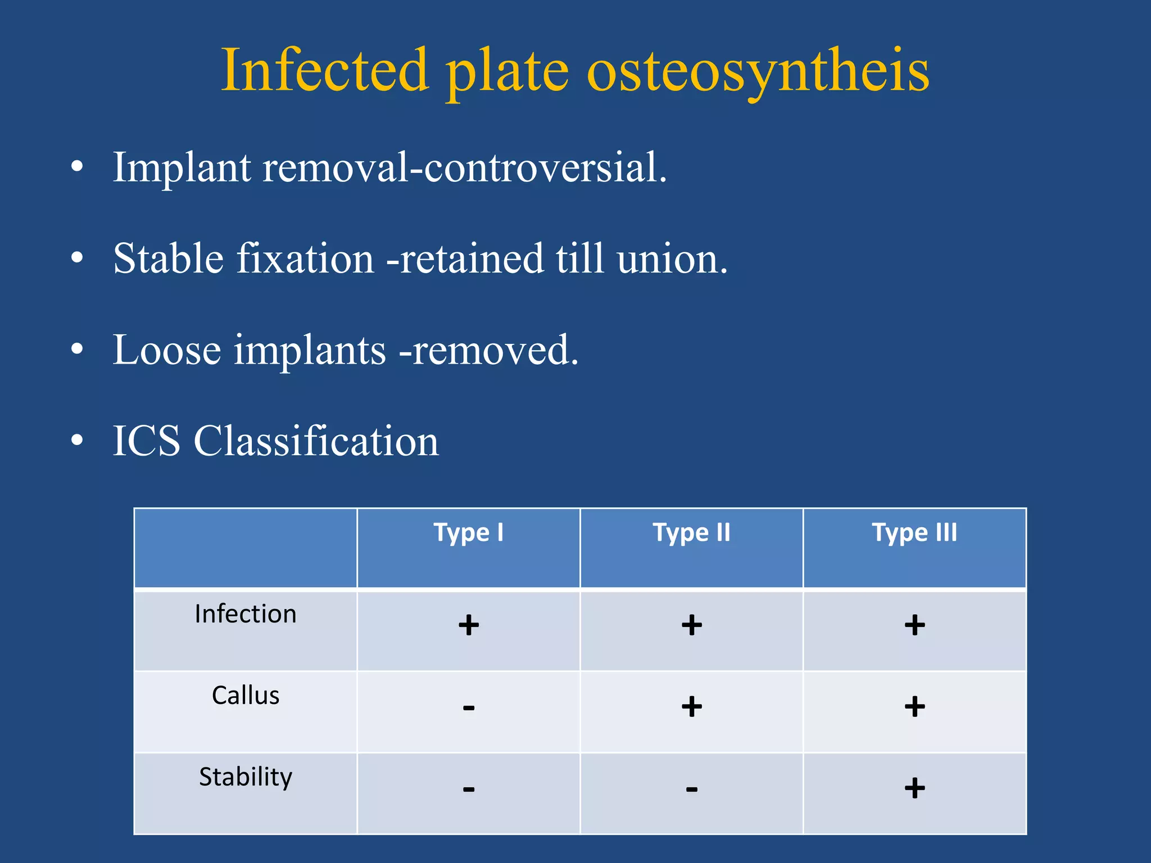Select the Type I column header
(468, 532)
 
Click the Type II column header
(691, 532)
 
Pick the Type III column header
(914, 532)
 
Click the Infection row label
(246, 614)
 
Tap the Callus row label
(246, 696)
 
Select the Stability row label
(246, 777)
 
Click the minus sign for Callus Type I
(469, 707)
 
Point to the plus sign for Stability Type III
(915, 788)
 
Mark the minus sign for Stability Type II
(692, 789)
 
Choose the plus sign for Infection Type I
(469, 625)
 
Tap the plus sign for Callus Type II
(692, 706)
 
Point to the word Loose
(167, 350)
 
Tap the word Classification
(316, 441)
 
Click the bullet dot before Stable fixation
(77, 258)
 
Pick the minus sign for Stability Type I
(469, 789)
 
